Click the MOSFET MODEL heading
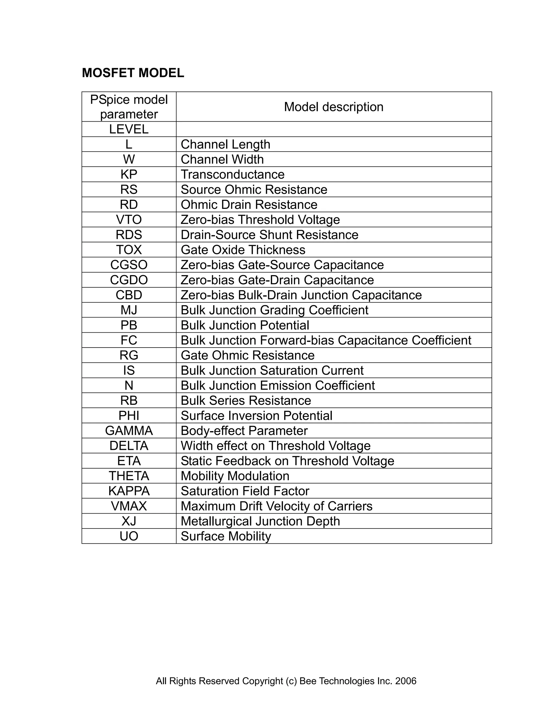(x=133, y=73)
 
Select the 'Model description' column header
(x=333, y=107)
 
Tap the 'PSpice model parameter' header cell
(x=129, y=107)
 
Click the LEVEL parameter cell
(x=129, y=129)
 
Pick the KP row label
(x=129, y=174)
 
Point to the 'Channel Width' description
(x=222, y=159)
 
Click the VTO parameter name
(x=129, y=219)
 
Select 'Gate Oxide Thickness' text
(x=243, y=250)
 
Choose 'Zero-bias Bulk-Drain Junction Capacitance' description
(x=301, y=295)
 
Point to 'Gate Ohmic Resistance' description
(x=247, y=355)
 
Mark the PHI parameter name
(x=129, y=415)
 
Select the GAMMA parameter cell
(x=129, y=431)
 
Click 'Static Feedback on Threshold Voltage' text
(x=287, y=461)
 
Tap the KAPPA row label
(x=129, y=491)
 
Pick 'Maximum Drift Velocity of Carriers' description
(x=276, y=506)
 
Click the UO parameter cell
(x=129, y=536)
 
